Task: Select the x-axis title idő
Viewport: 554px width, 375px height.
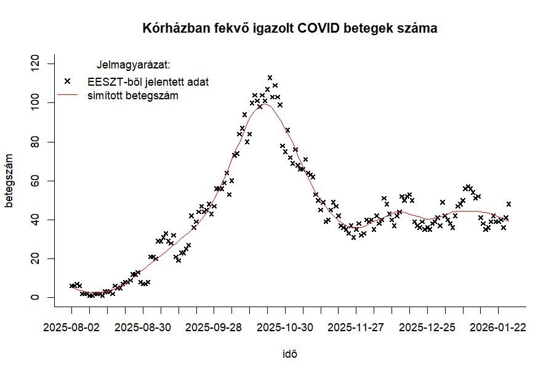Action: [x=290, y=354]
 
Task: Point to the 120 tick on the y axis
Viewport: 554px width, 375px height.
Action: [x=39, y=64]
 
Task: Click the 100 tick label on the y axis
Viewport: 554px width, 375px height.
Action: [x=39, y=103]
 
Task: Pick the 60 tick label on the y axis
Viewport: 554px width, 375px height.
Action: [x=39, y=181]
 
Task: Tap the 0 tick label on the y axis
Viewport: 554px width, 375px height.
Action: [x=39, y=297]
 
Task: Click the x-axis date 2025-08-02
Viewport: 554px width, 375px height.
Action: [x=71, y=327]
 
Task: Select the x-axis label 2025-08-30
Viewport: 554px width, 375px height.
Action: [x=143, y=327]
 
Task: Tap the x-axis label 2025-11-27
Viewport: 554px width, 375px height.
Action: [x=356, y=327]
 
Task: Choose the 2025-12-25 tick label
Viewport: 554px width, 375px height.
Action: [x=427, y=327]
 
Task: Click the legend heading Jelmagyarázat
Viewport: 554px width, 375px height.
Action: [x=134, y=64]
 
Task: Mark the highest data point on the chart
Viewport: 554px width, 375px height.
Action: [x=270, y=78]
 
